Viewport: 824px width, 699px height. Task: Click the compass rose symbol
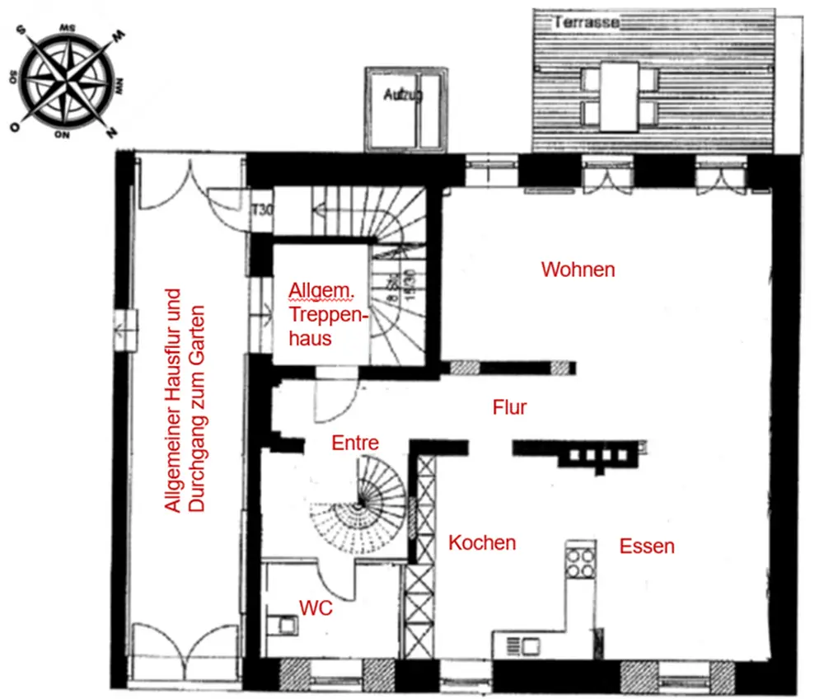click(69, 80)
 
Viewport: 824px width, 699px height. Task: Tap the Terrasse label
click(586, 22)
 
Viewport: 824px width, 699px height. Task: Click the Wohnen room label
click(578, 270)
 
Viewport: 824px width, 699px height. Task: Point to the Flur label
click(509, 406)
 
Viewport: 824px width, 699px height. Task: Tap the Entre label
click(355, 443)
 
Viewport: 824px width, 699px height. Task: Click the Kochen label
click(482, 542)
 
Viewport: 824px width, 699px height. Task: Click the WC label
click(316, 608)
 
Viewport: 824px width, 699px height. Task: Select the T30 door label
click(261, 209)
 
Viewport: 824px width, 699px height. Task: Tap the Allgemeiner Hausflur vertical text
click(185, 401)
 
